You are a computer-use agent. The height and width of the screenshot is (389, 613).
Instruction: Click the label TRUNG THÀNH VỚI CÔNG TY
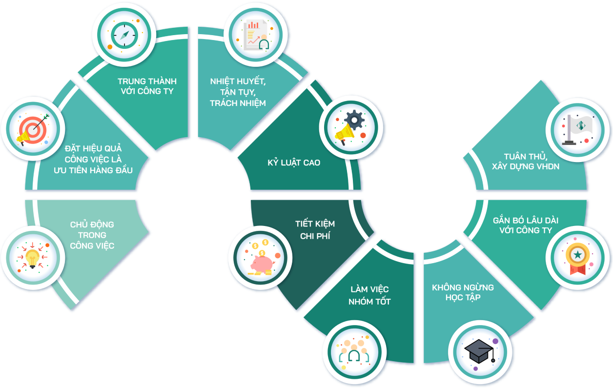147,86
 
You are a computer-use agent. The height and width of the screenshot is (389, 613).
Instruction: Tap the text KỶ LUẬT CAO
294,163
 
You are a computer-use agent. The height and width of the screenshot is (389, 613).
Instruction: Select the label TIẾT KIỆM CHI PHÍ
315,230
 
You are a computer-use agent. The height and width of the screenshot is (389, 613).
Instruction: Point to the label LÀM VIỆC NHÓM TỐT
369,296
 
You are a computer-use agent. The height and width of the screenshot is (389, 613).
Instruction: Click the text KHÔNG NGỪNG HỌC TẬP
463,292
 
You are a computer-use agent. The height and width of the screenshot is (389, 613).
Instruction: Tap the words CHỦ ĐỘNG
92,225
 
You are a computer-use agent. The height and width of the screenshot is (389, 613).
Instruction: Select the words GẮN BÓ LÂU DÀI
526,220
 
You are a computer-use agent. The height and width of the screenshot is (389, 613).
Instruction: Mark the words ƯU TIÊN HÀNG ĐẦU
93,170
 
